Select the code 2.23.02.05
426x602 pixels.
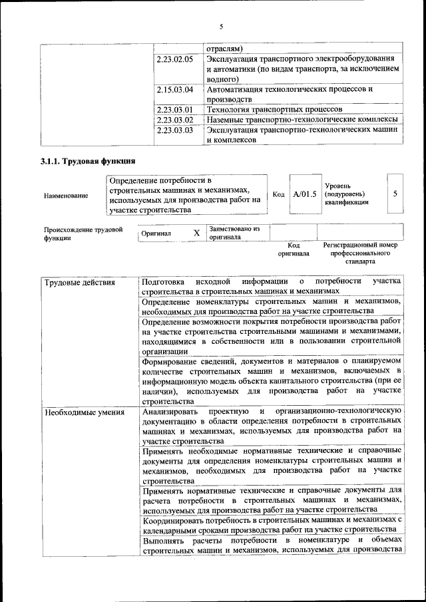click(x=175, y=59)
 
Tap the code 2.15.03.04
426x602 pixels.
click(x=175, y=89)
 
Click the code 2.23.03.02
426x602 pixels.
click(x=175, y=120)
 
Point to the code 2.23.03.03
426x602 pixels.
click(x=175, y=130)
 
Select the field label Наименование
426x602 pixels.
click(x=65, y=196)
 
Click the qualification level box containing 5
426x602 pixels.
click(x=395, y=194)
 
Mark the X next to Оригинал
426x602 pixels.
click(x=196, y=233)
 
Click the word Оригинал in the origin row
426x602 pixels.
click(x=156, y=234)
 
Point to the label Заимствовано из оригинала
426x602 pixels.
click(x=234, y=233)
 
